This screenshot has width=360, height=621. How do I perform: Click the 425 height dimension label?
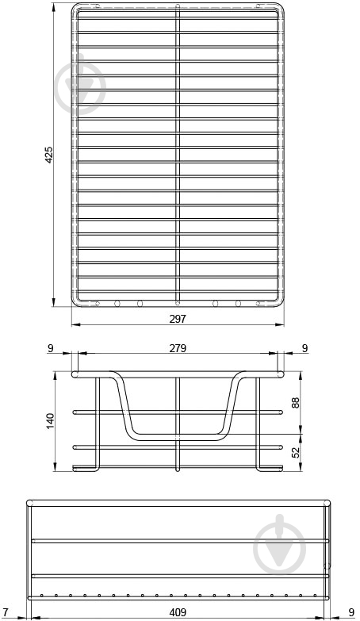click(x=48, y=155)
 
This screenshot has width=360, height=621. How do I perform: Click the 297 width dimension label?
click(x=178, y=319)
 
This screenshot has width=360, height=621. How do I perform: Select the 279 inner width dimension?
click(x=178, y=348)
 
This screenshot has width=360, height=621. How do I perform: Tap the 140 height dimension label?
click(x=51, y=421)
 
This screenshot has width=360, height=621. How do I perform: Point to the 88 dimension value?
click(x=295, y=402)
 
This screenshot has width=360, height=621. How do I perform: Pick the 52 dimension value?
click(x=295, y=452)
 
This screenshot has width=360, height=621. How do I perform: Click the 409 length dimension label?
click(x=178, y=612)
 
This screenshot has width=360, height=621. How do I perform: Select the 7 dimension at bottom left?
click(x=5, y=612)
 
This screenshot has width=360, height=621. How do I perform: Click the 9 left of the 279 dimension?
click(x=50, y=348)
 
